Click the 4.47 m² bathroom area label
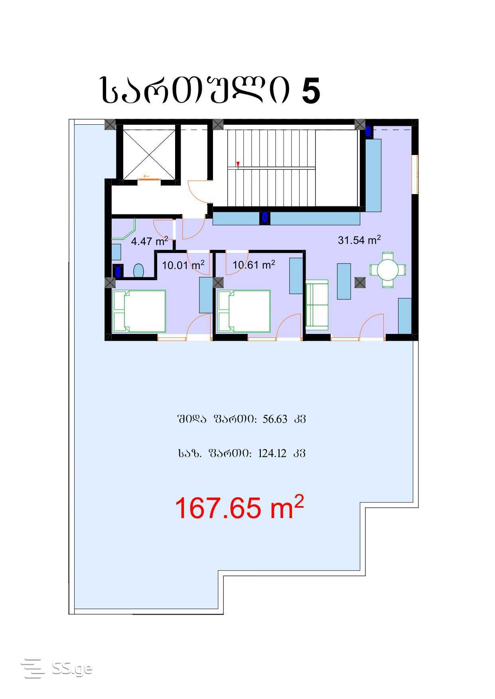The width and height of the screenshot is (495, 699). (x=150, y=241)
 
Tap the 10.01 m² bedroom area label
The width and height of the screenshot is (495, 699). (x=183, y=265)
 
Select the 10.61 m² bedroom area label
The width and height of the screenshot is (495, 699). (x=254, y=264)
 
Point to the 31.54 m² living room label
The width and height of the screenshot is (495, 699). (x=359, y=240)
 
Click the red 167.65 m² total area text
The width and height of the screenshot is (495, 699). (x=239, y=508)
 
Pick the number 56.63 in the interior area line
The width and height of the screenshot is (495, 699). (x=275, y=419)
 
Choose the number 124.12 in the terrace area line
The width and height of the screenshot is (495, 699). (x=272, y=454)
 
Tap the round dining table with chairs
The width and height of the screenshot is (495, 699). (x=388, y=270)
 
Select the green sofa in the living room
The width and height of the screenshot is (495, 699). (x=317, y=304)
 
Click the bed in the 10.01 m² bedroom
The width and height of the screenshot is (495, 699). (x=139, y=311)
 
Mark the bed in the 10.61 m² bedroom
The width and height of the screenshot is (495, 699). (x=243, y=311)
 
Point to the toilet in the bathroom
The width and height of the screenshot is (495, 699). (x=138, y=271)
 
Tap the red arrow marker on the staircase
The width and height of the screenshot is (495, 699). (x=238, y=164)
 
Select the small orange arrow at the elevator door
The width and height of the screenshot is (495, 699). (x=146, y=176)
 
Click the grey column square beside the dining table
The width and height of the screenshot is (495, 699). (x=360, y=283)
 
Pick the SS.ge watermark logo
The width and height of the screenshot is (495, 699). (x=56, y=668)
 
